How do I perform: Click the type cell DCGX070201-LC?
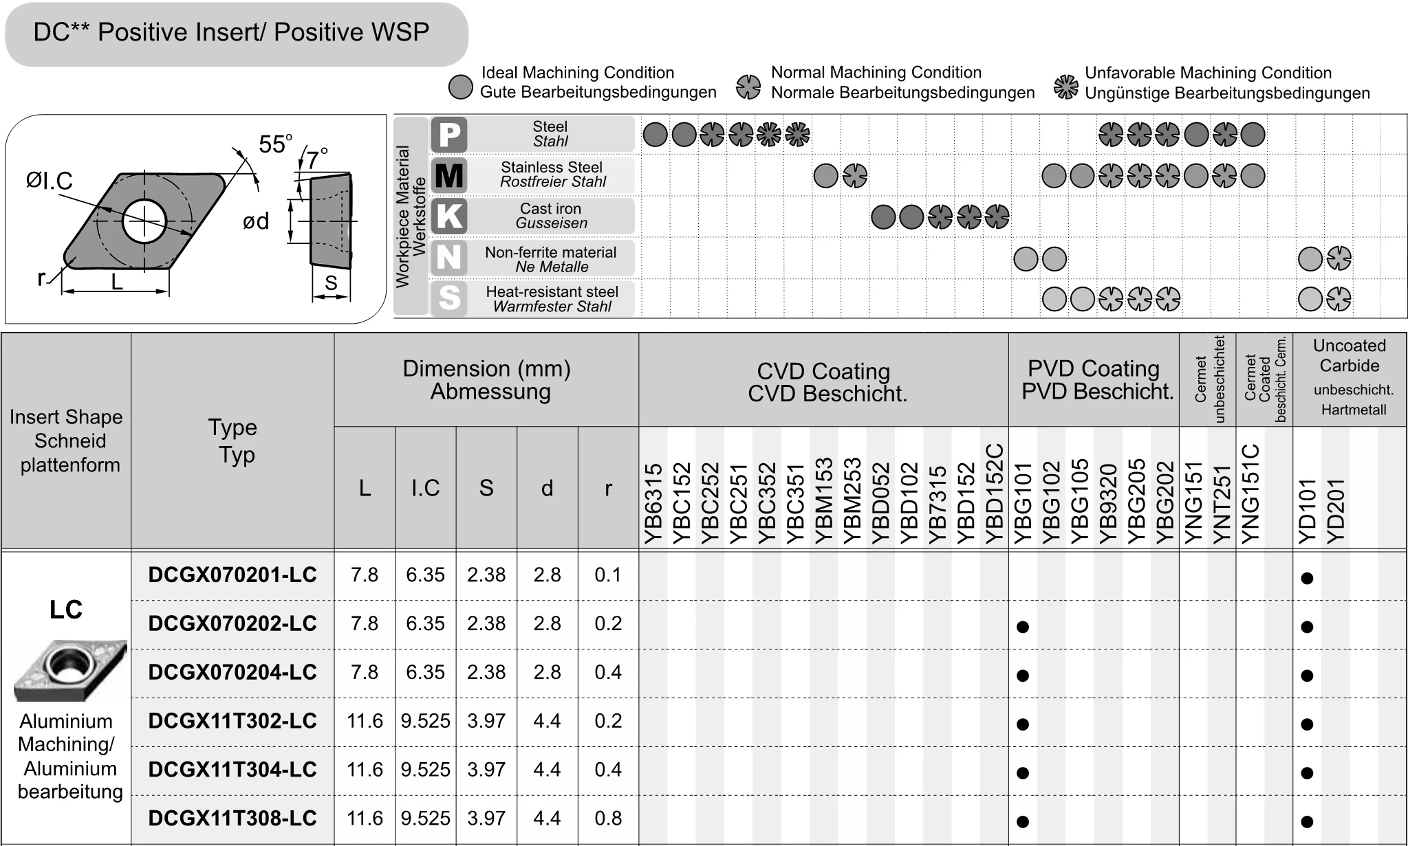(x=232, y=575)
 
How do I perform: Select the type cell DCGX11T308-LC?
(x=232, y=818)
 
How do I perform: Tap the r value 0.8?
(x=608, y=818)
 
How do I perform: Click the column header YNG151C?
(x=1250, y=495)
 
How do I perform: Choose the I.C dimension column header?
(x=425, y=488)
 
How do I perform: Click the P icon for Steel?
(x=449, y=134)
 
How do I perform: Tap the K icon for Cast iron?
(x=449, y=216)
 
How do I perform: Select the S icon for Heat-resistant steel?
(x=449, y=298)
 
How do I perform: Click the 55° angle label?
(x=274, y=144)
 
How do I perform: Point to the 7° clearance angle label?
(x=316, y=159)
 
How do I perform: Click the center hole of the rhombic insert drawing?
(x=144, y=221)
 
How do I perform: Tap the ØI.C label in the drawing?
(x=50, y=181)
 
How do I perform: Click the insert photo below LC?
(x=69, y=669)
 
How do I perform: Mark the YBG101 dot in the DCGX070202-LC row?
(x=1023, y=627)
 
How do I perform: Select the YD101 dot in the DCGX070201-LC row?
(x=1308, y=578)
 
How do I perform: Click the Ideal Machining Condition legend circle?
(x=460, y=87)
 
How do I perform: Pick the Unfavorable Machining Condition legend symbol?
(x=1066, y=87)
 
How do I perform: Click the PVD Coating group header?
(x=1094, y=379)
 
